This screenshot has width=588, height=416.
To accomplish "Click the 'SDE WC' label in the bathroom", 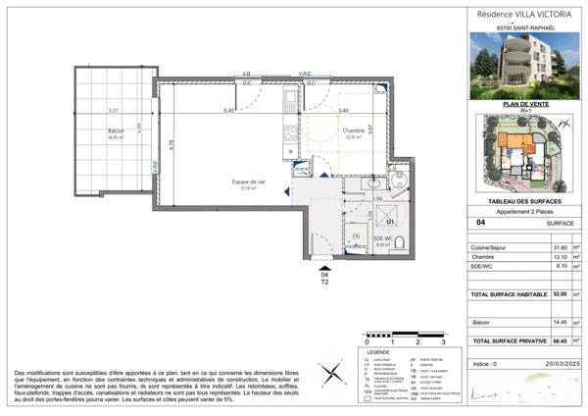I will pyautogui.click(x=385, y=238).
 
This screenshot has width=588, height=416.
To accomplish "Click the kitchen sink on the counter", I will pyautogui.click(x=290, y=99).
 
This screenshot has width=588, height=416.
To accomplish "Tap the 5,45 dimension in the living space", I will pyautogui.click(x=228, y=112).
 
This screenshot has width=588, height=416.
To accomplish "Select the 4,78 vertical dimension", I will pyautogui.click(x=170, y=144).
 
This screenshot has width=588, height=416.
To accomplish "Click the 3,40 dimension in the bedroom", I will pyautogui.click(x=344, y=112).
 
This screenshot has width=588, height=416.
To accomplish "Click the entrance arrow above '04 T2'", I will pyautogui.click(x=324, y=263).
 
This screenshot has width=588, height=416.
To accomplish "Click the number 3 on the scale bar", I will pyautogui.click(x=443, y=342).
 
